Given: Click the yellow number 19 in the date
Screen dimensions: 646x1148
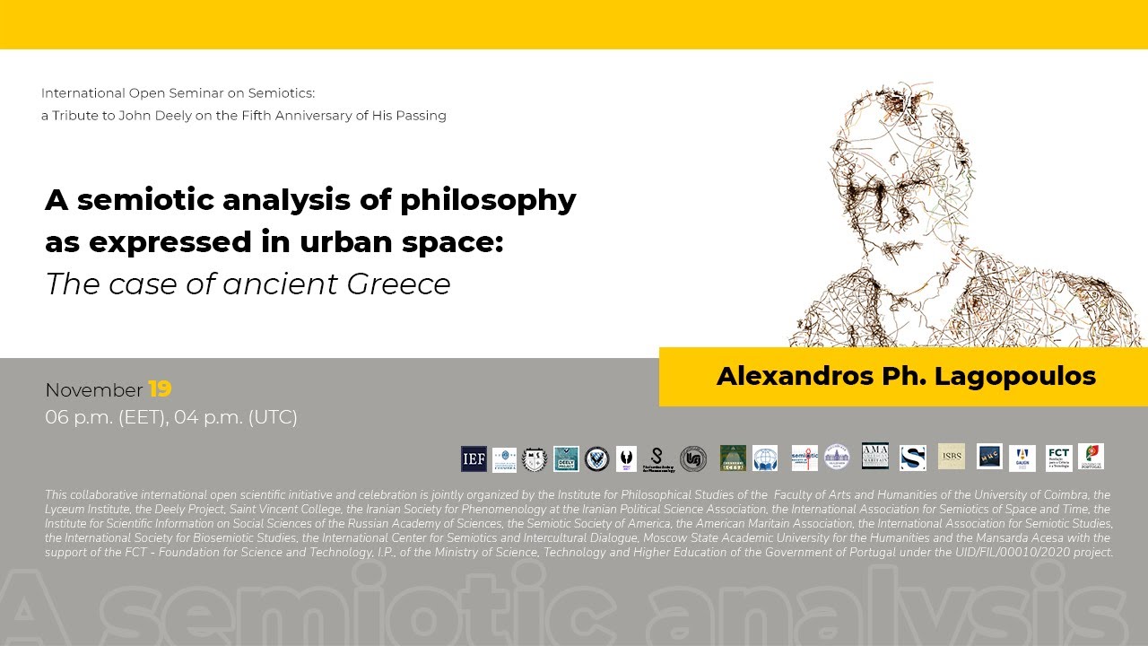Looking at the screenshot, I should pos(160,389).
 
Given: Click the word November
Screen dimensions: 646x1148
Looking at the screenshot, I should pos(93,390).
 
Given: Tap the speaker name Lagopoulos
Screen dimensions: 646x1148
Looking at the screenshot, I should pos(1015,376).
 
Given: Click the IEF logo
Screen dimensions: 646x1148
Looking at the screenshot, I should pos(474,458).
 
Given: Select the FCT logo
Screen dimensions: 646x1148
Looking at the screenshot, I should pos(1058,458).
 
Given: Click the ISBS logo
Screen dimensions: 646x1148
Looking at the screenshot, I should pos(952,456).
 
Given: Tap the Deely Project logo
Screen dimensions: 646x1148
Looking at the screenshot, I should pos(566,458).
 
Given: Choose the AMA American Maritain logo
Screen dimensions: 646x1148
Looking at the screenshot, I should pos(874,456).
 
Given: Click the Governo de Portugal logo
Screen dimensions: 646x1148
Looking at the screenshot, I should pos(1091,457).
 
